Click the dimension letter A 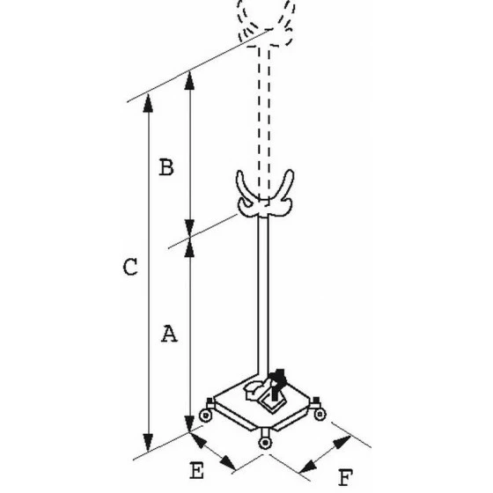[x=169, y=334]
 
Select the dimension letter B [x=166, y=167]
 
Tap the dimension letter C [x=130, y=267]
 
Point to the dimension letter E [x=197, y=470]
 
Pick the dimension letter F [x=345, y=477]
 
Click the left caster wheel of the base [x=206, y=416]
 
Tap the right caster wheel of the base [x=320, y=414]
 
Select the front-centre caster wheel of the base [x=265, y=443]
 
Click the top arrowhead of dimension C [x=148, y=103]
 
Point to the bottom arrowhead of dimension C [x=148, y=443]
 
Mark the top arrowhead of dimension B [x=189, y=80]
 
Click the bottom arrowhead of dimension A [x=189, y=423]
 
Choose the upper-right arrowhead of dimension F [x=342, y=442]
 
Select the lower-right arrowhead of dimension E [x=228, y=463]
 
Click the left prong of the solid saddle [x=244, y=186]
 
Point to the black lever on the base [x=276, y=384]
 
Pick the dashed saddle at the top [x=266, y=24]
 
